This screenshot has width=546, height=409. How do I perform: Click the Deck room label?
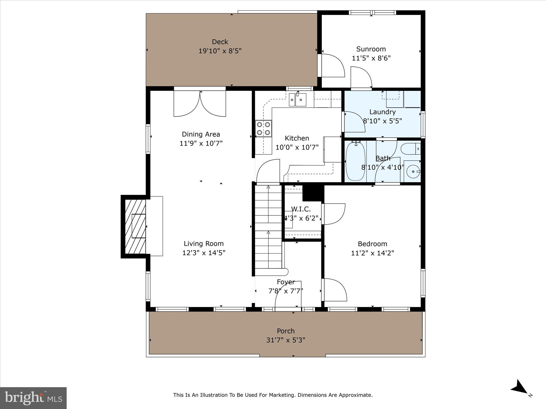pos(220,42)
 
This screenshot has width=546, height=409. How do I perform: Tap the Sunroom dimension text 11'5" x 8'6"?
pos(371,58)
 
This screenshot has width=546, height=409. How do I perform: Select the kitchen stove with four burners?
pos(263,129)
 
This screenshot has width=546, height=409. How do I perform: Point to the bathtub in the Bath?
pos(355,161)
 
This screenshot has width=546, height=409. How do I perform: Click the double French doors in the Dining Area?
pos(200,104)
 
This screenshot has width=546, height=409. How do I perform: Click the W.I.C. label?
pos(301,209)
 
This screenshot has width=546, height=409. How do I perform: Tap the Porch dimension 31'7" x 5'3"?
pos(286,340)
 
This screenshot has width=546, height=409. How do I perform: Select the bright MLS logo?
pos(33,398)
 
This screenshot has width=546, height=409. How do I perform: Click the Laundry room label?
pos(382,112)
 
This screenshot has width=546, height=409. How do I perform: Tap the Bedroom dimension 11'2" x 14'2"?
pos(372,253)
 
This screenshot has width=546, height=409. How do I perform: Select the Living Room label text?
pos(204,243)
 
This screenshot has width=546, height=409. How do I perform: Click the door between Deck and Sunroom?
pos(332,66)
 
